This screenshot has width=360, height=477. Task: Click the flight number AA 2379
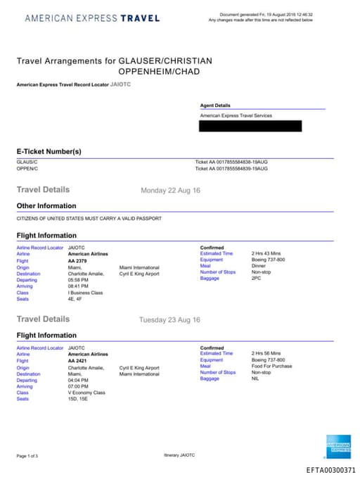click(x=78, y=261)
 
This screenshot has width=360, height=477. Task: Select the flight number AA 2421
click(x=78, y=361)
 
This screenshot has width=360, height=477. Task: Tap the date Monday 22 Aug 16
click(x=171, y=191)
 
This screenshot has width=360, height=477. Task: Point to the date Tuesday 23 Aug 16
click(x=169, y=320)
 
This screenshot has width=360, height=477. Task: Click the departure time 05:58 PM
click(x=78, y=280)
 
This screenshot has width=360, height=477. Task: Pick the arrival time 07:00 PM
click(x=78, y=386)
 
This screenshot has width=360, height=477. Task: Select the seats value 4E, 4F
click(x=74, y=299)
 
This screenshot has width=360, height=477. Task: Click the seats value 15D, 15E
click(x=77, y=399)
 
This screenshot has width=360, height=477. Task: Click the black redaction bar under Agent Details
click(x=250, y=126)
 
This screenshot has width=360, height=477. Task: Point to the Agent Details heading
click(x=215, y=105)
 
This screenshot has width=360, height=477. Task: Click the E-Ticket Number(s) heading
click(x=49, y=151)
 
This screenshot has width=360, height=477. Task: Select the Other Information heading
click(x=46, y=206)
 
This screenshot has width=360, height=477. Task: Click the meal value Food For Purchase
click(x=271, y=366)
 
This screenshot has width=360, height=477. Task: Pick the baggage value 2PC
click(x=256, y=279)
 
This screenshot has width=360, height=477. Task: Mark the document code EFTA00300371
click(x=330, y=469)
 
